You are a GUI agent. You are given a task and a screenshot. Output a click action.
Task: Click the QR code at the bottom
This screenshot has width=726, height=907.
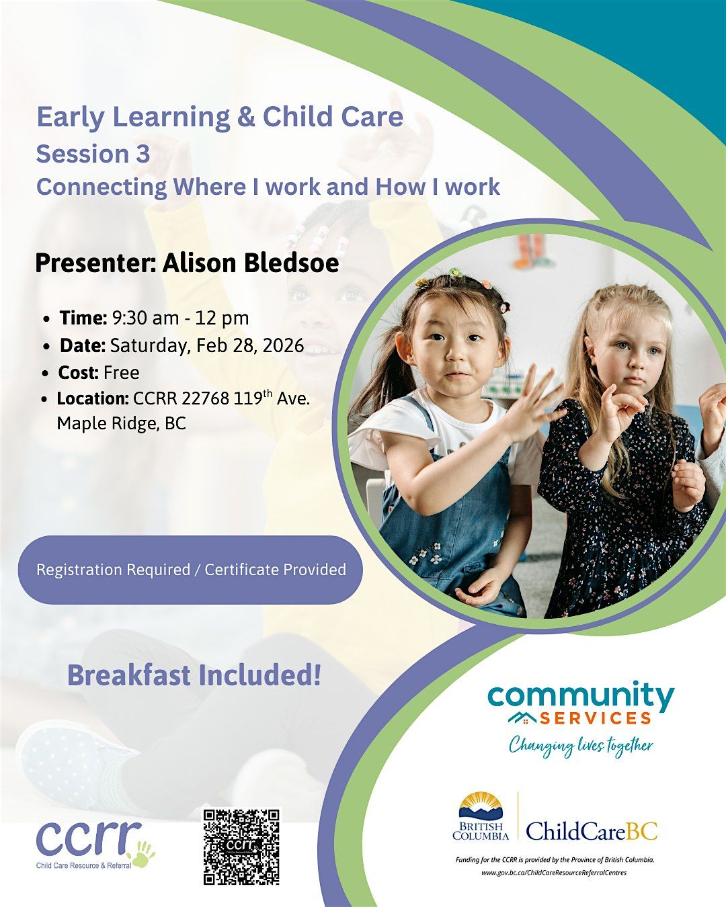coord(241,847)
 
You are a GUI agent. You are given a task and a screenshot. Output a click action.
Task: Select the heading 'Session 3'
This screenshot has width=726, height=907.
coord(93,154)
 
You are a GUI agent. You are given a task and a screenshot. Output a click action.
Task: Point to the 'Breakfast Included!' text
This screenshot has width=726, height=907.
coord(194,675)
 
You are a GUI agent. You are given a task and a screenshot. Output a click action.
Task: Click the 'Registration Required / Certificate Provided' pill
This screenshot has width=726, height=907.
coord(191,570)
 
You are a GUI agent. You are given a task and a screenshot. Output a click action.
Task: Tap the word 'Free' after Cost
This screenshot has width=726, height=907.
coord(122,372)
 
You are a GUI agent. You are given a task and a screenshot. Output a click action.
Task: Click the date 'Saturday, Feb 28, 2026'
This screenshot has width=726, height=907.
coord(206,345)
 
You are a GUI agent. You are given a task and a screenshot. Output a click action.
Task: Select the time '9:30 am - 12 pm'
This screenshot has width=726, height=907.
coord(180,318)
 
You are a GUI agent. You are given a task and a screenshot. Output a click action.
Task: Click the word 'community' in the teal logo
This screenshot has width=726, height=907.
coord(581,696)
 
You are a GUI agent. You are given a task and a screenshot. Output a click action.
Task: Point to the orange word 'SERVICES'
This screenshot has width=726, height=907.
coord(595,718)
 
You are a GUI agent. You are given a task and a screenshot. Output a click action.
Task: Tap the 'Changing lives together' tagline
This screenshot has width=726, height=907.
coord(580,745)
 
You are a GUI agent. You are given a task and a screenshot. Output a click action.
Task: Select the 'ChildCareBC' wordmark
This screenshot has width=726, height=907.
coord(592,831)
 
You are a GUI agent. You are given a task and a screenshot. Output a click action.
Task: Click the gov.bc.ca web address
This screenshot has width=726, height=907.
coord(554,872)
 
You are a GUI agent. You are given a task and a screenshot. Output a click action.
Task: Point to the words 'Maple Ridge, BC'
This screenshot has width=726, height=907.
coord(121,423)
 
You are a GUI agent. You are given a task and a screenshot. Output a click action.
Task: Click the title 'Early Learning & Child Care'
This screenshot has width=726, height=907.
coord(220,117)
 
